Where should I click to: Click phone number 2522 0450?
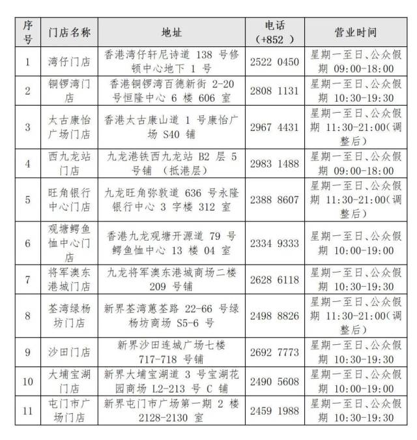274,63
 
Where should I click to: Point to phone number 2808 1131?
274,91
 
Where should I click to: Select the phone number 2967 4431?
274,127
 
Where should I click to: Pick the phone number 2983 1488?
274,164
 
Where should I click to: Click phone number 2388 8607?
274,199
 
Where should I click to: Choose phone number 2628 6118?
274,279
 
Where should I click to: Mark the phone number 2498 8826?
274,315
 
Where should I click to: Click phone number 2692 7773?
274,352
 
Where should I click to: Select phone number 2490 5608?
274,381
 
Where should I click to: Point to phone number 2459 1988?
274,411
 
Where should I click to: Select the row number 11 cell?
27,411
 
